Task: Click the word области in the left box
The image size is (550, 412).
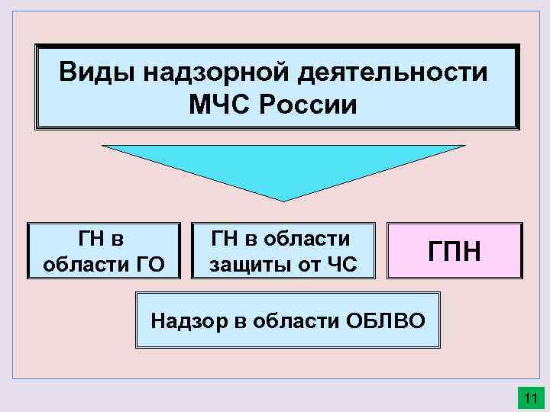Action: [82, 265]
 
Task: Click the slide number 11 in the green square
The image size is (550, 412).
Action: [529, 398]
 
